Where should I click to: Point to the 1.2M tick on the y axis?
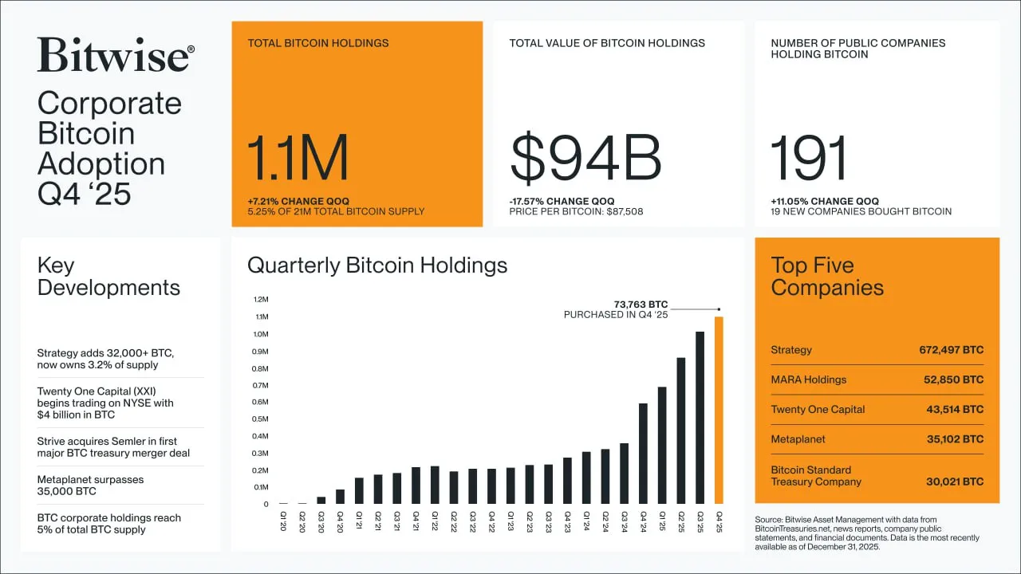click(261, 300)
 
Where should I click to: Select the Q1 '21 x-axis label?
click(359, 521)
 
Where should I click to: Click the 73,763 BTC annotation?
click(641, 304)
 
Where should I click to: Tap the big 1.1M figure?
click(298, 159)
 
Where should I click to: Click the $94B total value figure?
click(585, 159)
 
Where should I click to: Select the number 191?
click(809, 159)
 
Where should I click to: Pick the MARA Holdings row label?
click(809, 379)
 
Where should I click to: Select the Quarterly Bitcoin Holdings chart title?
click(377, 265)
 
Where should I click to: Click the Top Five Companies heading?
click(827, 277)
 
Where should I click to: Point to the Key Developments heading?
click(108, 277)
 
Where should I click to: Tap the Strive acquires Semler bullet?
click(113, 447)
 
